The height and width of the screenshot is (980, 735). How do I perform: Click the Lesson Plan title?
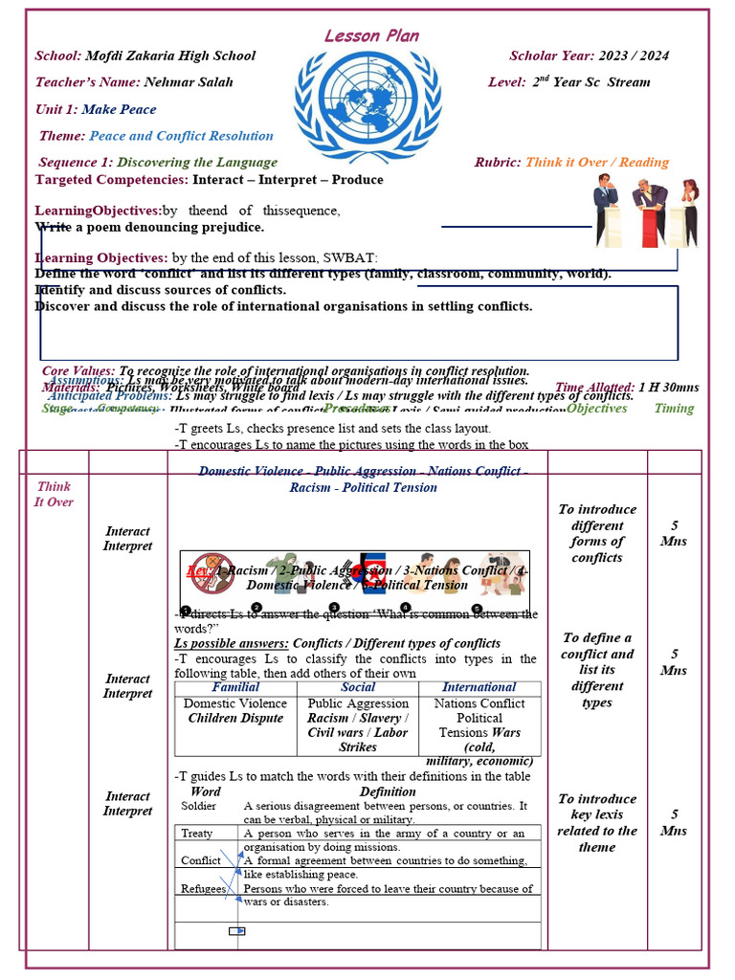(x=371, y=35)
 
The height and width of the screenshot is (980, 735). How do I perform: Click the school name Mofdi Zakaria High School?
(x=170, y=56)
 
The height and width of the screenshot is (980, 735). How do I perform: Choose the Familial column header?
(x=235, y=687)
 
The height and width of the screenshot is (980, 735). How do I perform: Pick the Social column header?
(x=358, y=687)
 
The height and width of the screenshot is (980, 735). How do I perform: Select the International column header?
(x=479, y=687)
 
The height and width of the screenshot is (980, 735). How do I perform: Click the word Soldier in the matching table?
(x=198, y=806)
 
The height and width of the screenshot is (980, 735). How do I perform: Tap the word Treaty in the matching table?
(x=197, y=834)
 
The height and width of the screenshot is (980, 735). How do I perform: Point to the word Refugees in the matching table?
(x=203, y=889)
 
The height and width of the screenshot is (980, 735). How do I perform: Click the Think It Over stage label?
(x=54, y=494)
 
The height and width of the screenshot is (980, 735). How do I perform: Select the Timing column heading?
(x=674, y=409)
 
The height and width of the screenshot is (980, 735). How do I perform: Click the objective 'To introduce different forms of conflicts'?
(x=597, y=533)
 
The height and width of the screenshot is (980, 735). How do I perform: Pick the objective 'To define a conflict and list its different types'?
(x=597, y=670)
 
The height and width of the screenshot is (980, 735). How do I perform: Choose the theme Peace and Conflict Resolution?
(x=181, y=136)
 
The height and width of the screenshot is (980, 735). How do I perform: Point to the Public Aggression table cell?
(x=358, y=703)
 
